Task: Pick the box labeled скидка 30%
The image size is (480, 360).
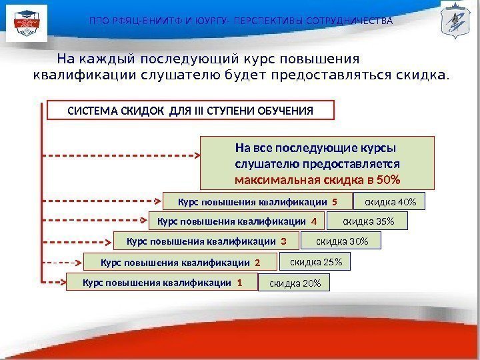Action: [x=341, y=240]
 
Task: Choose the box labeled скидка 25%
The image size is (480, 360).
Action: [x=315, y=263]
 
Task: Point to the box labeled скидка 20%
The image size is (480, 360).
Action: [x=294, y=284]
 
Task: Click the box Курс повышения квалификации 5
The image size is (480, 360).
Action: [x=257, y=201]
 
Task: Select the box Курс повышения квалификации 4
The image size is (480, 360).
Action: [x=237, y=221]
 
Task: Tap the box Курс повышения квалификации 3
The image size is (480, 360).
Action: [x=206, y=240]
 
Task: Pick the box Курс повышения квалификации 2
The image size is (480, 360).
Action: [x=179, y=263]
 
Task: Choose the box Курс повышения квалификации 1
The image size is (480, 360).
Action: [x=162, y=283]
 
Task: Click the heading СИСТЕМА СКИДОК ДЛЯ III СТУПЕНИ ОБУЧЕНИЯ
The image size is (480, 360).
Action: [x=191, y=110]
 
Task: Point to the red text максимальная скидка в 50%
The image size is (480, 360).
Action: [x=317, y=180]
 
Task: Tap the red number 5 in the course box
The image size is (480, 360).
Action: [x=334, y=201]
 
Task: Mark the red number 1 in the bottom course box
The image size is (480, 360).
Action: [x=239, y=283]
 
